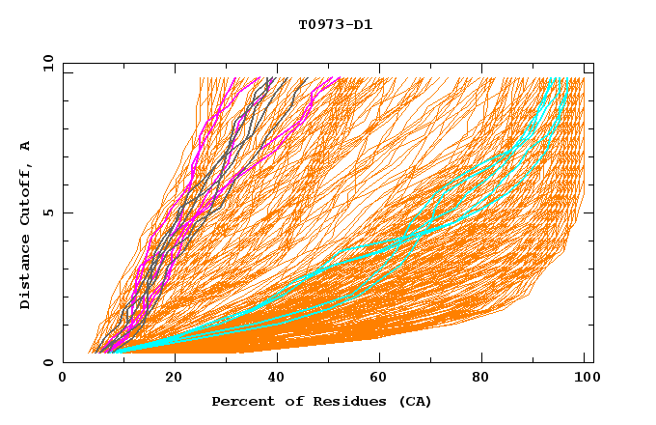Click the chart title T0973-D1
click(x=335, y=24)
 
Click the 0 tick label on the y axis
click(x=48, y=362)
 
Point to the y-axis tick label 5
click(x=48, y=212)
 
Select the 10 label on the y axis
click(x=47, y=63)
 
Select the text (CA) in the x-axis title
click(x=416, y=401)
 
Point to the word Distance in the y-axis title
click(x=25, y=276)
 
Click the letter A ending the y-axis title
click(x=25, y=146)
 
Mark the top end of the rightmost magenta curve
click(x=339, y=78)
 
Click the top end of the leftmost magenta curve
click(x=259, y=78)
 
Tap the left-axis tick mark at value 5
click(x=66, y=212)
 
